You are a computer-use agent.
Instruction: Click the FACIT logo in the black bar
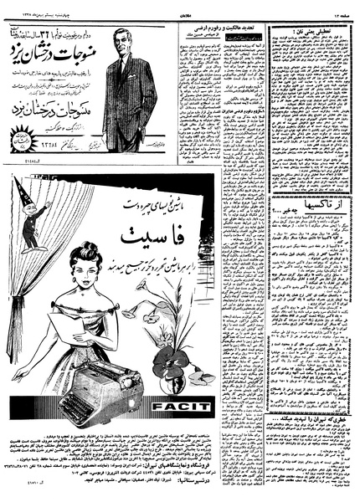[192, 409]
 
